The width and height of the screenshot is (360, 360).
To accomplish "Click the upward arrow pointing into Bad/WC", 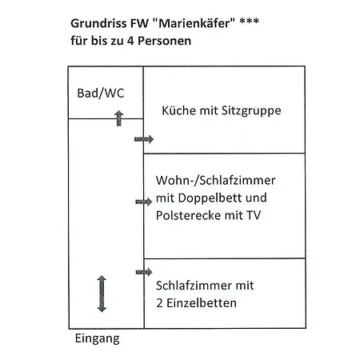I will [x=118, y=118].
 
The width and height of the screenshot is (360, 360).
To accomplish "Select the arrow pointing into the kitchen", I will [x=143, y=139].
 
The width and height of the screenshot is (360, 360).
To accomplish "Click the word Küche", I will [x=179, y=110].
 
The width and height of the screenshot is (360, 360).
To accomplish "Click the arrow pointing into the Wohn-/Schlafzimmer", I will [x=143, y=202].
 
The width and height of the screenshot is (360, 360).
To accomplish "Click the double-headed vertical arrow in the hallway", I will [x=102, y=293].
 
